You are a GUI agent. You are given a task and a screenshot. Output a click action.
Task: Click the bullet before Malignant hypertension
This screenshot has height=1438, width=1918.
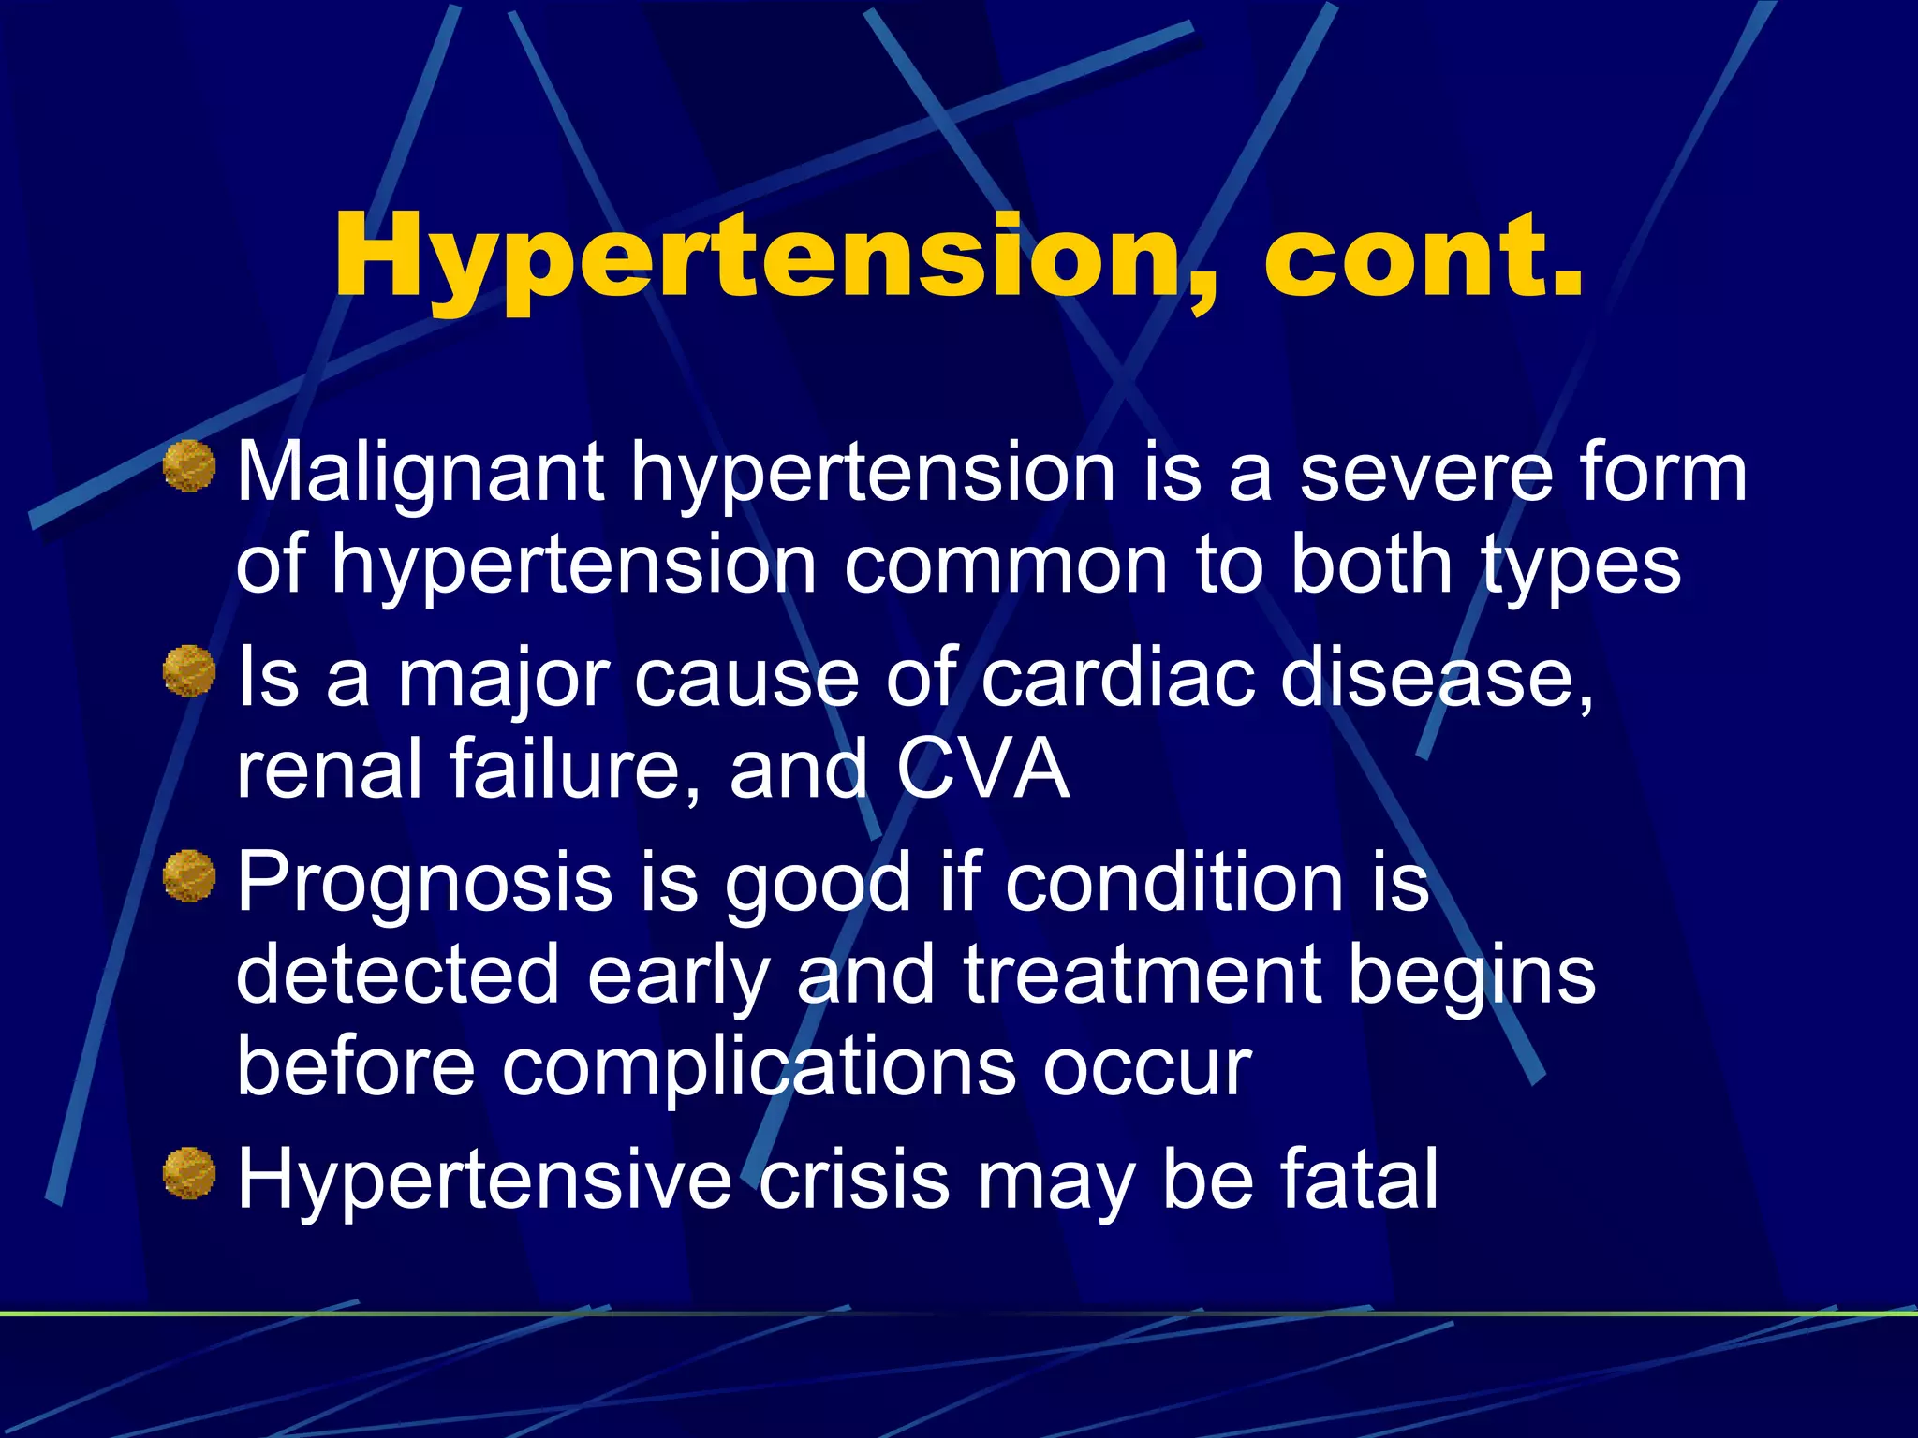pos(189,466)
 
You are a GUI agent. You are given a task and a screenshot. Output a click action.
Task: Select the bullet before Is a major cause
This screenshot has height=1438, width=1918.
pos(189,671)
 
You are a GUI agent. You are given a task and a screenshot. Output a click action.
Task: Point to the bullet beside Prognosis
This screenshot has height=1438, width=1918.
pos(189,876)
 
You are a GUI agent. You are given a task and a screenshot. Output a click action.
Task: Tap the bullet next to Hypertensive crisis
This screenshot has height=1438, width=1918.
pos(189,1173)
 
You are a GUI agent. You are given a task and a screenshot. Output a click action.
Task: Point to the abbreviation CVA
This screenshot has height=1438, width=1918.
pos(982,768)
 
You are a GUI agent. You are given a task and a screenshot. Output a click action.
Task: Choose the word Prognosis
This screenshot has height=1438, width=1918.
pos(423,882)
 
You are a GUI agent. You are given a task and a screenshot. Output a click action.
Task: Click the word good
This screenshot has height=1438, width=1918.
pos(818,882)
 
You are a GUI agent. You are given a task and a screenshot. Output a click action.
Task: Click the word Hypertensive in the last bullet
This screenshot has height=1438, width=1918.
pos(484,1180)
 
